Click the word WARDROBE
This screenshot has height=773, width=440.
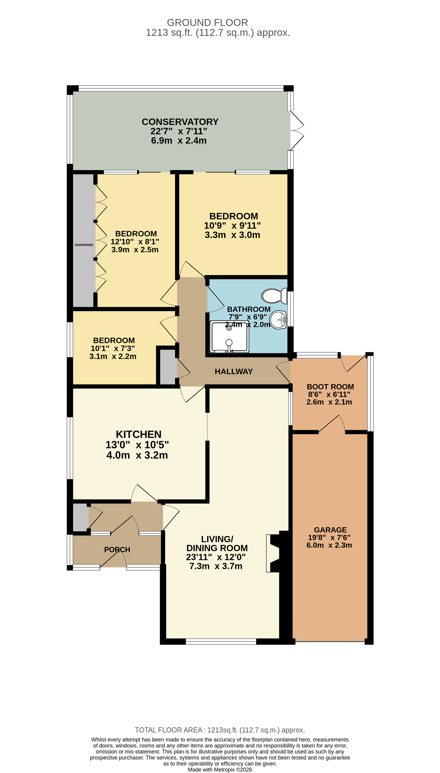tap(84, 245)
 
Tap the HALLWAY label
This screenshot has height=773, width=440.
tap(234, 371)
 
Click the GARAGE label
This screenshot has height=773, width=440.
tap(330, 530)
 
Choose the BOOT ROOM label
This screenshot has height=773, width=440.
tap(330, 386)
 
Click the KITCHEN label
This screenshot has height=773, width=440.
tap(138, 434)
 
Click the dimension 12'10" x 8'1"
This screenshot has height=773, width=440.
tap(135, 242)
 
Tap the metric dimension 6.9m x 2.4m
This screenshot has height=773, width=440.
tap(179, 140)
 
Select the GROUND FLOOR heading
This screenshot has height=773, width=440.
tap(207, 22)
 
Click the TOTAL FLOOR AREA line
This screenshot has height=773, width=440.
tap(220, 730)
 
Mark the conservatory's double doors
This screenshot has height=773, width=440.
tap(297, 130)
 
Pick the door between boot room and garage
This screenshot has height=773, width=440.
tap(332, 424)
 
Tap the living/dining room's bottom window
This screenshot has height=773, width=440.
tap(221, 641)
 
